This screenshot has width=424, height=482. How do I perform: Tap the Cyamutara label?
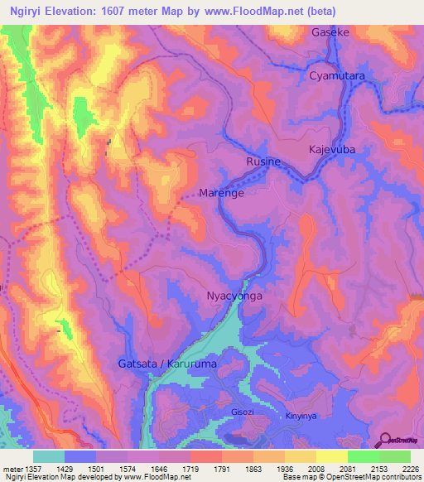(x=337, y=75)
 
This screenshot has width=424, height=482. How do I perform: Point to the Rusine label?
(x=263, y=162)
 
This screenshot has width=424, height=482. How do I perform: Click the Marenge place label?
(x=221, y=194)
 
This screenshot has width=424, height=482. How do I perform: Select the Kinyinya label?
(x=301, y=416)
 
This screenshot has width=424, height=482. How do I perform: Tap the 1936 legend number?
(x=286, y=469)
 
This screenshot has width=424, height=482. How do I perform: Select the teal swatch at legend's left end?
(x=49, y=456)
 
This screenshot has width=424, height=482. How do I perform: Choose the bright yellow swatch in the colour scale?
(x=331, y=456)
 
